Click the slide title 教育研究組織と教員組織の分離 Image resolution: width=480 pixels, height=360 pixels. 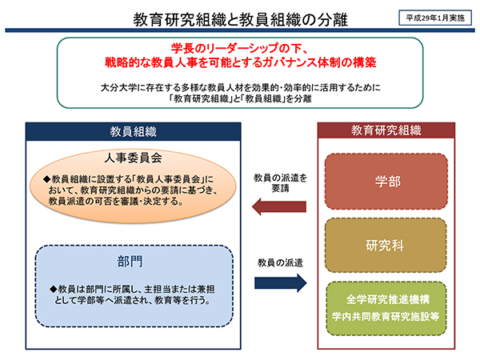click(x=240, y=19)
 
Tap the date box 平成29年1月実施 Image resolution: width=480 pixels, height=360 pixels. click(x=435, y=18)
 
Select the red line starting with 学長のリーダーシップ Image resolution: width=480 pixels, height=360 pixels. click(x=240, y=48)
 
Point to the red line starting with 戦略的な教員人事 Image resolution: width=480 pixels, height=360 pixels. click(x=240, y=62)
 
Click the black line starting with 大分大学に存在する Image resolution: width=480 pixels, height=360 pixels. click(x=241, y=88)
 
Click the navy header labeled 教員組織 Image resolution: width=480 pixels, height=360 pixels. click(x=133, y=132)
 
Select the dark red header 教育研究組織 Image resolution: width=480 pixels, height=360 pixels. click(x=386, y=130)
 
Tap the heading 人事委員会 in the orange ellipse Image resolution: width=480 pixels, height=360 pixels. click(x=133, y=158)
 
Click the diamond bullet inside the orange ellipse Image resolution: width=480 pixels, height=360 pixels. click(x=46, y=179)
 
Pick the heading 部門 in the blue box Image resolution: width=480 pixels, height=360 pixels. click(x=130, y=262)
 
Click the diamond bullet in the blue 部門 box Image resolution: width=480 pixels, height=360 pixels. click(x=54, y=289)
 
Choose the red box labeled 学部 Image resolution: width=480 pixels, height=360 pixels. click(x=386, y=182)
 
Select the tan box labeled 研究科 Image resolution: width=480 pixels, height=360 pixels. click(x=386, y=246)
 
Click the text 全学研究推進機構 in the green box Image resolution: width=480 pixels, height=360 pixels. click(x=388, y=299)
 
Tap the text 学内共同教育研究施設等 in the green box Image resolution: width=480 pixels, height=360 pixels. click(x=386, y=316)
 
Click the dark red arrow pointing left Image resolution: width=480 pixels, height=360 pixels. click(x=279, y=206)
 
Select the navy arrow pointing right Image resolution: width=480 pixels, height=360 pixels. click(x=281, y=283)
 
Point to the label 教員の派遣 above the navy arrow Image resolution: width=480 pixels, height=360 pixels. click(x=280, y=262)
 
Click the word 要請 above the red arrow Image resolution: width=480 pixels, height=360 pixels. click(x=280, y=188)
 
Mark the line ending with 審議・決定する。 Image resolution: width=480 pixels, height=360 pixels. click(x=116, y=202)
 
